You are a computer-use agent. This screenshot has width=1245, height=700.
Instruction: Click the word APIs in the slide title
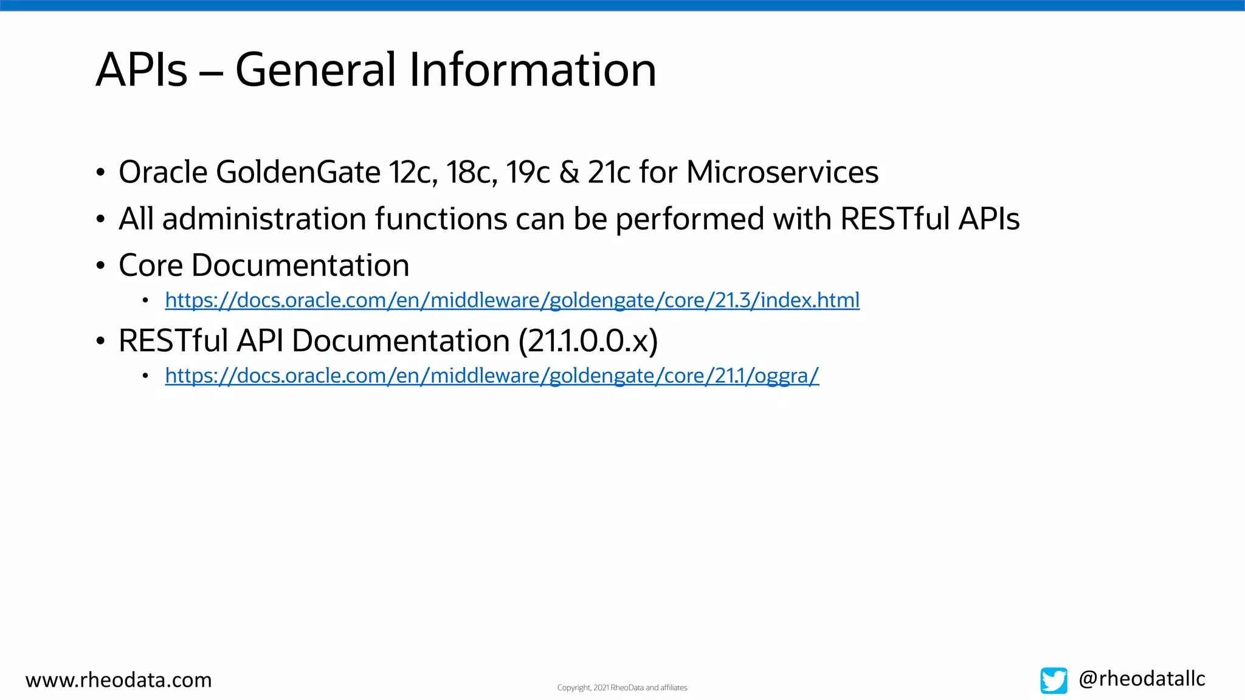pyautogui.click(x=141, y=70)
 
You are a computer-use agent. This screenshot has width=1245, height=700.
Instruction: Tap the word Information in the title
pyautogui.click(x=532, y=70)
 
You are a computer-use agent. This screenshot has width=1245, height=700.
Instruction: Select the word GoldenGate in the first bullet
pyautogui.click(x=298, y=173)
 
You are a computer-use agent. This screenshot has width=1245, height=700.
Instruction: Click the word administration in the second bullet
pyautogui.click(x=264, y=219)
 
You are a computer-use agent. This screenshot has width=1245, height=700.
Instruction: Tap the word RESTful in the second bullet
pyautogui.click(x=894, y=219)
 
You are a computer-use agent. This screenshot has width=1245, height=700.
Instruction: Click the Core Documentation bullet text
pyautogui.click(x=263, y=266)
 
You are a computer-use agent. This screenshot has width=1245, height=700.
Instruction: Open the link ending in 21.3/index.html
pyautogui.click(x=512, y=300)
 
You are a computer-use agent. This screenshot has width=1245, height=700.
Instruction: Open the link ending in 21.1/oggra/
pyautogui.click(x=491, y=376)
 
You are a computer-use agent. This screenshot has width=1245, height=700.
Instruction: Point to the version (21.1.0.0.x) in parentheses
pyautogui.click(x=588, y=341)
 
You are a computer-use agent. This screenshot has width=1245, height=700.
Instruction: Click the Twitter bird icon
pyautogui.click(x=1053, y=681)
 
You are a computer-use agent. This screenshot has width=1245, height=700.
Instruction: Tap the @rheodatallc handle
pyautogui.click(x=1141, y=679)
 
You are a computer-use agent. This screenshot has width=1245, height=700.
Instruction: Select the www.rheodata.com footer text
pyautogui.click(x=119, y=680)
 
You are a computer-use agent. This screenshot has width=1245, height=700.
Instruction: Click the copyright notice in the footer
pyautogui.click(x=622, y=688)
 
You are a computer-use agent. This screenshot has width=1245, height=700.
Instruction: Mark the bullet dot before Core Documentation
pyautogui.click(x=100, y=266)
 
